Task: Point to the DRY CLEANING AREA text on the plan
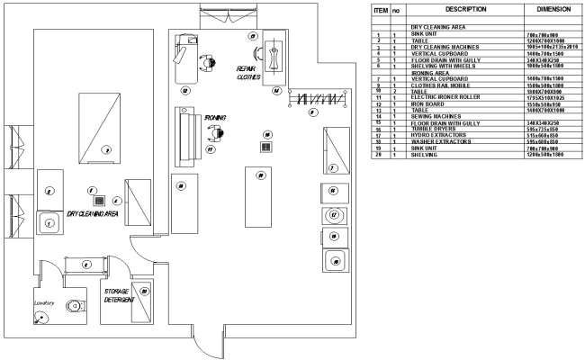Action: click(x=93, y=214)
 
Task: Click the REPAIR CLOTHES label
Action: click(x=248, y=73)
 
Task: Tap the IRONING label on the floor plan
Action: click(x=215, y=117)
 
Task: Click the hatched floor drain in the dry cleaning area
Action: click(x=101, y=201)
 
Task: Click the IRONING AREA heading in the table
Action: click(x=430, y=74)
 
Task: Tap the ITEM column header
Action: click(x=380, y=9)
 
